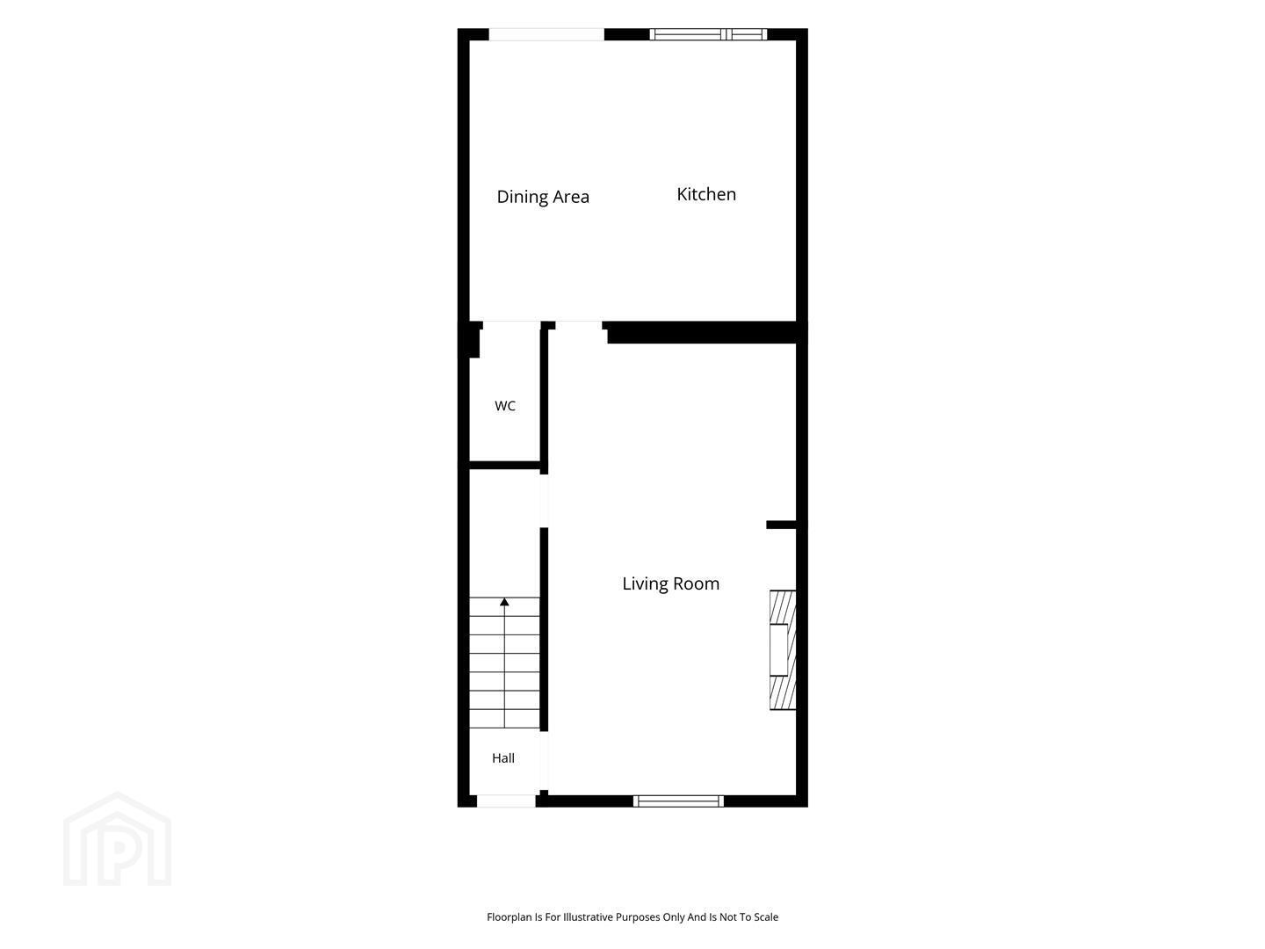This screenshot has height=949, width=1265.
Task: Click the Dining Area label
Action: (x=542, y=197)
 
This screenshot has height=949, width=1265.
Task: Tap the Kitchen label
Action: (x=706, y=194)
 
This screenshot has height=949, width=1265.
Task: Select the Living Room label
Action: (x=670, y=583)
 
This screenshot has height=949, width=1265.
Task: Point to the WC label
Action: (x=505, y=406)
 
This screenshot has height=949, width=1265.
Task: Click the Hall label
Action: (x=503, y=757)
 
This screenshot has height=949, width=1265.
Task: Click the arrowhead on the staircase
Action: (x=504, y=602)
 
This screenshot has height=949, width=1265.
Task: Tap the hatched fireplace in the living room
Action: (x=783, y=650)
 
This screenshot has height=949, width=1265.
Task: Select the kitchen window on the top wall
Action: (x=708, y=34)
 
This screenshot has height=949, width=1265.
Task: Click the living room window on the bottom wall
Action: (x=678, y=800)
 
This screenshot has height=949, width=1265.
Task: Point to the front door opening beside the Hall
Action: (x=506, y=800)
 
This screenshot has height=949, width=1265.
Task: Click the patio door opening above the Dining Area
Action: (x=546, y=34)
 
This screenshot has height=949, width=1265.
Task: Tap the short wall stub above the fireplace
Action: (x=781, y=525)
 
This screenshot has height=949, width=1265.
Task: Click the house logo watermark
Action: (x=117, y=838)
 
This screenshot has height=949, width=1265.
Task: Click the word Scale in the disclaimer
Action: (x=765, y=916)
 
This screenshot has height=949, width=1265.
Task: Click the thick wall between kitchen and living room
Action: (x=702, y=332)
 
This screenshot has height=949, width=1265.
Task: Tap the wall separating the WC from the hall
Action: (x=505, y=465)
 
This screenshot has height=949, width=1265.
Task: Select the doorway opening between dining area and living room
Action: (x=579, y=325)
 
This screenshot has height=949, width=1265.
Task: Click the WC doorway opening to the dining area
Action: (x=512, y=325)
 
